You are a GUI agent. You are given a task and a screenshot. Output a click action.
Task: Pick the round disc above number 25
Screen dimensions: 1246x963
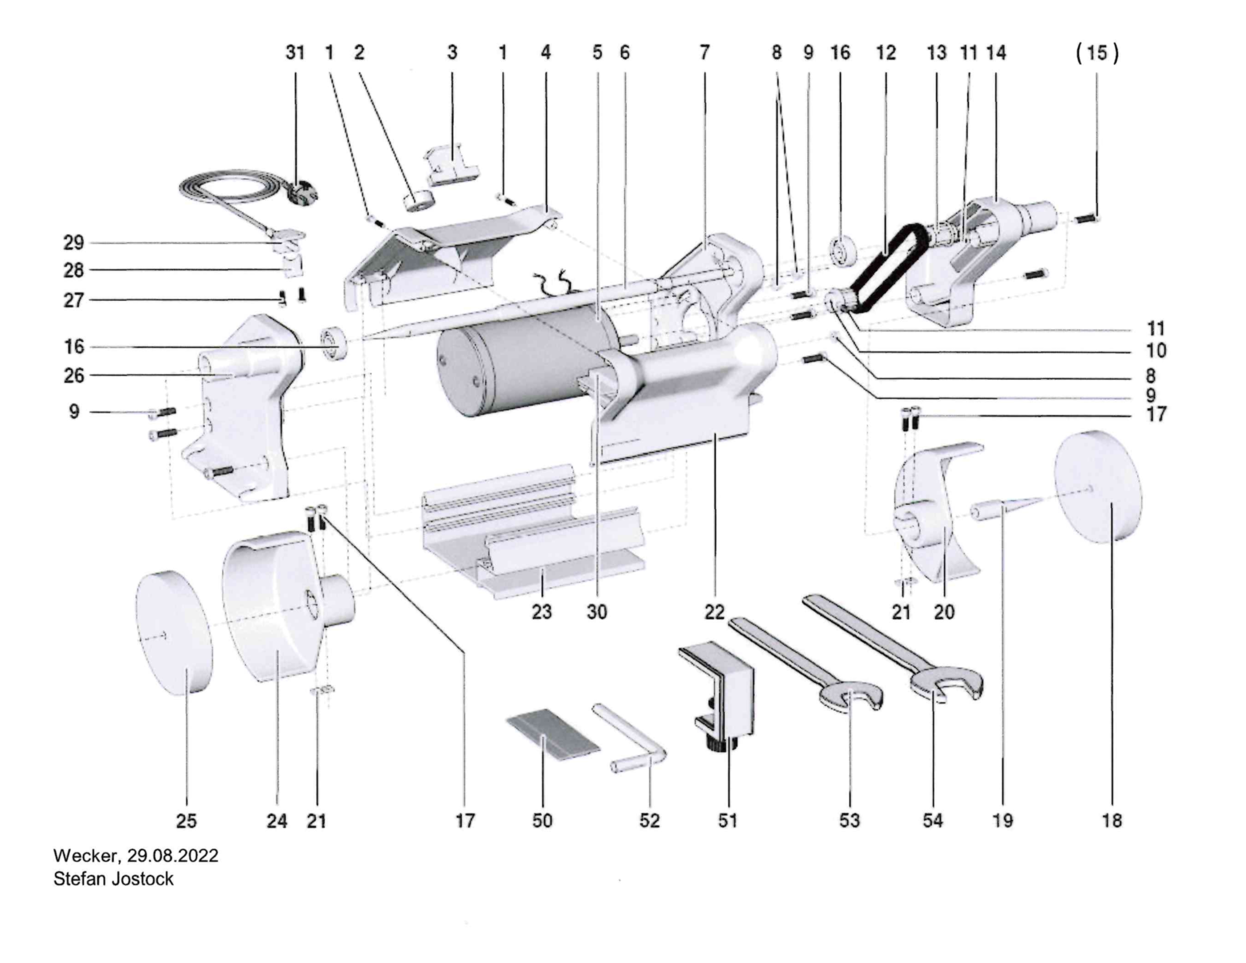coord(174,632)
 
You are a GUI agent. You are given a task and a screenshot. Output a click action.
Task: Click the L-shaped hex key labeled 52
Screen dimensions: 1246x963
coord(629,738)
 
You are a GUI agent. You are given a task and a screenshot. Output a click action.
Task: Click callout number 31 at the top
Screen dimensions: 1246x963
coord(295,52)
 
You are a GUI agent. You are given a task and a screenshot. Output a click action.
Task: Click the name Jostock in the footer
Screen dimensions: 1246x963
coord(143,879)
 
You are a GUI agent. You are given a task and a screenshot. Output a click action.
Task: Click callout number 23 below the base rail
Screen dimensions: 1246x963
coord(542,612)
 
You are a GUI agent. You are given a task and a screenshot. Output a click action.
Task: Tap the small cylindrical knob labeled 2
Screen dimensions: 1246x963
coord(419,201)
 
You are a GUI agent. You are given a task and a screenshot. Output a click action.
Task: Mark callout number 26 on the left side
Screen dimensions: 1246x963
coord(73,375)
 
